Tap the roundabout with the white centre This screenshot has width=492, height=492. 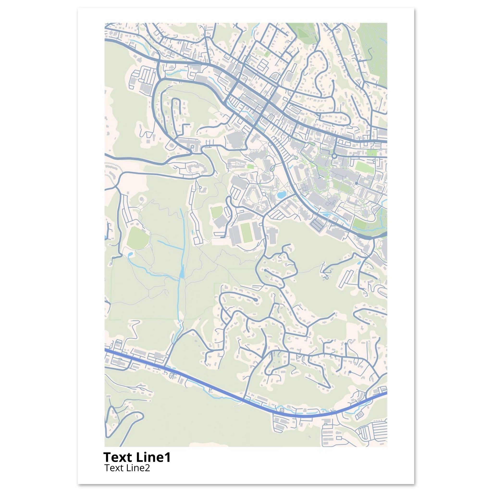click(334, 156)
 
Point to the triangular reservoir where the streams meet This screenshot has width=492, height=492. click(182, 274)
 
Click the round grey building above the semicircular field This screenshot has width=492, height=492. click(141, 199)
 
